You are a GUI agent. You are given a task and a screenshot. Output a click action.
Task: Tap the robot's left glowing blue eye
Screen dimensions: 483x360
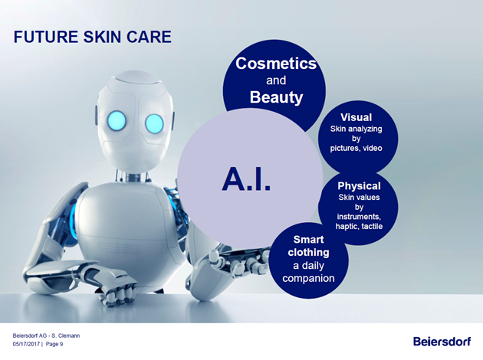(117, 119)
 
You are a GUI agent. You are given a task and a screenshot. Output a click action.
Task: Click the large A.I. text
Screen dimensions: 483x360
(246, 180)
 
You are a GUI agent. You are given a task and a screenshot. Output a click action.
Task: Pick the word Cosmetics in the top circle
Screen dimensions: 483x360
(276, 64)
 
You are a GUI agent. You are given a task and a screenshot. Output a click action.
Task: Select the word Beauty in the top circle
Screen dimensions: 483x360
(276, 97)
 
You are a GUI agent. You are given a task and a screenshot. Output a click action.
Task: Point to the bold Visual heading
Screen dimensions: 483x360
(356, 117)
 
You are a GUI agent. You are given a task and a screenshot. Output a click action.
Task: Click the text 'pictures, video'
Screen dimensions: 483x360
(356, 149)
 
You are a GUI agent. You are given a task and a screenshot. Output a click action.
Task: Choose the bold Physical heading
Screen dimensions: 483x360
(359, 186)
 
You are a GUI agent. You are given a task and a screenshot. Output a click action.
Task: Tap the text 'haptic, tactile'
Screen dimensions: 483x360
(359, 227)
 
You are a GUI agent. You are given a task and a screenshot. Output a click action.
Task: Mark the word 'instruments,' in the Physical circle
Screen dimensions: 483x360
(359, 217)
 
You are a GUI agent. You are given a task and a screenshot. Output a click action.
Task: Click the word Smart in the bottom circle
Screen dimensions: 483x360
(308, 240)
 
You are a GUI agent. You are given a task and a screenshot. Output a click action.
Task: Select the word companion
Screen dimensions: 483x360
(308, 279)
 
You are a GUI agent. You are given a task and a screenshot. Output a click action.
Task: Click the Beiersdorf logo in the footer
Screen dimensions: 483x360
(442, 341)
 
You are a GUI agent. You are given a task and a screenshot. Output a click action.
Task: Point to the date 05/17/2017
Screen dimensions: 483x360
(26, 344)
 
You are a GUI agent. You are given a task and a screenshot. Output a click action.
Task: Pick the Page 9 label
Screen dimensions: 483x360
(54, 344)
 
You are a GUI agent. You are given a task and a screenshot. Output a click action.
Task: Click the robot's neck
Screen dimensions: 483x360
(133, 177)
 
